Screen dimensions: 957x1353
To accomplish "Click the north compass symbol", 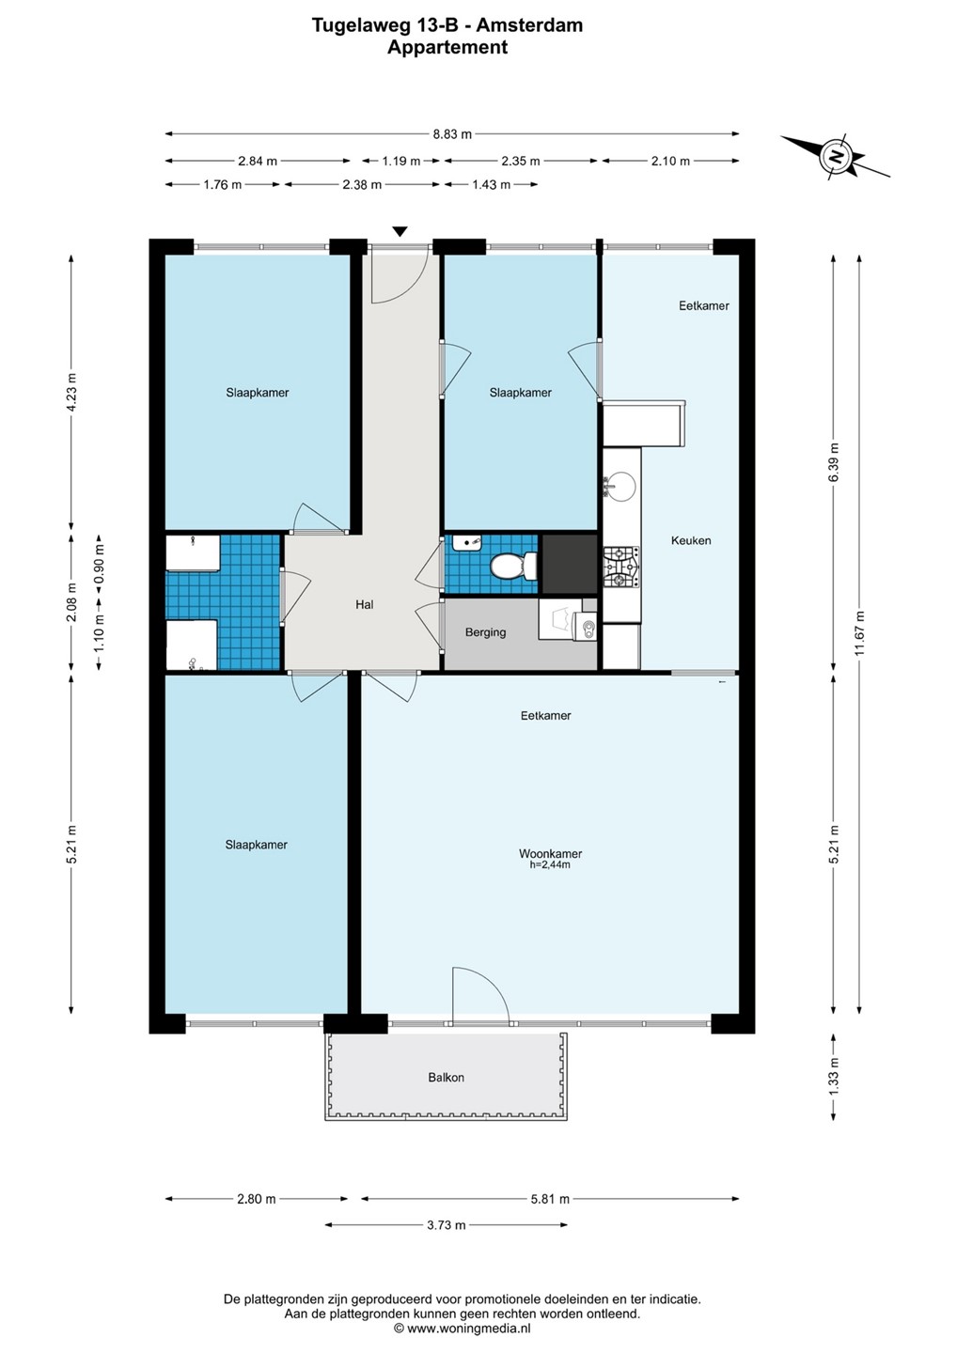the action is pos(837,156).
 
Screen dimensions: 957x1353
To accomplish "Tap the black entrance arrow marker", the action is pos(400,231).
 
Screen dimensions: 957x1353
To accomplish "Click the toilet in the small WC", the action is pos(513,566).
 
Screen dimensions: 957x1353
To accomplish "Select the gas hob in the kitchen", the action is pos(621,568).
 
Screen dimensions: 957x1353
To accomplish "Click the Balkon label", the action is pos(446,1077).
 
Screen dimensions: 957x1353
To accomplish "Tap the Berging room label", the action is pos(485,632).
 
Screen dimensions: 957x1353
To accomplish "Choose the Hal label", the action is pos(365,604).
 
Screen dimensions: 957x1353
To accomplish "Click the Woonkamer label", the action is pos(550,853).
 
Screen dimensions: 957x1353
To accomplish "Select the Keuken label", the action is pos(691,540).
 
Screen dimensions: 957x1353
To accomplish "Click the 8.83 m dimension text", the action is pos(452,134).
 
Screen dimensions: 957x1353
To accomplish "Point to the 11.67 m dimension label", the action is pos(860,633).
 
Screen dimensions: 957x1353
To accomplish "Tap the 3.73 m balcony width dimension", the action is pos(446,1225).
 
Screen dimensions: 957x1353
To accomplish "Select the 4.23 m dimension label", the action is pos(71,392).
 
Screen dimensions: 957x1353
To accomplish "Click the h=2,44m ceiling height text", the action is pos(550,864).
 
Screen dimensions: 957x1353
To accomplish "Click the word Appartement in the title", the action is pos(447,47).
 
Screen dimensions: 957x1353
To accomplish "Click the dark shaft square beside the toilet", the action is pos(569,564).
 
